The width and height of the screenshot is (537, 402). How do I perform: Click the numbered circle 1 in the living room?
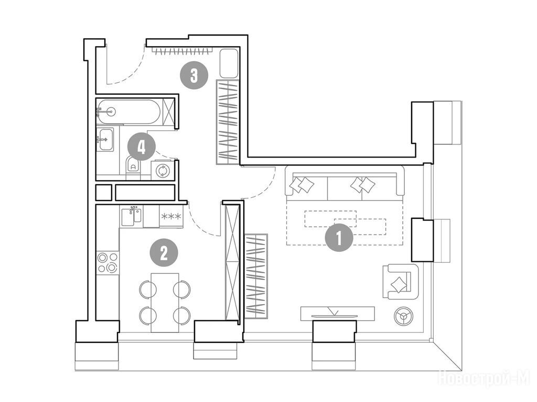point(339,238)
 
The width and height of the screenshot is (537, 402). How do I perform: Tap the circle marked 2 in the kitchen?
point(164,253)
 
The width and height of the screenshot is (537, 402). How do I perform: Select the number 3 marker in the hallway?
point(194,75)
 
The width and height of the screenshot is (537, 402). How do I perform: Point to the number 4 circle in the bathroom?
point(142,148)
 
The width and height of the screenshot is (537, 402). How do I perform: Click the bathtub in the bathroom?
point(128,111)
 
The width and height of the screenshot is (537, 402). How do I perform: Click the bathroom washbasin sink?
point(106,139)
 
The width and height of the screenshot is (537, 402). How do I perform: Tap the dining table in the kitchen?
point(165,303)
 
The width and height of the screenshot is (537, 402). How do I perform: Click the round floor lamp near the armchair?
point(403,317)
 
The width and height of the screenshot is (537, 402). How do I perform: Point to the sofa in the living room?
point(345,183)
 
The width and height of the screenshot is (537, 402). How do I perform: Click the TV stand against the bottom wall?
point(338,314)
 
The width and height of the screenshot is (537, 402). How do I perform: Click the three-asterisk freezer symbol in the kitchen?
point(171,216)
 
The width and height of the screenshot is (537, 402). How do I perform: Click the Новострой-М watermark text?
point(484,378)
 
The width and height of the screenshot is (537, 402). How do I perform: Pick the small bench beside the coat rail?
point(229,63)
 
